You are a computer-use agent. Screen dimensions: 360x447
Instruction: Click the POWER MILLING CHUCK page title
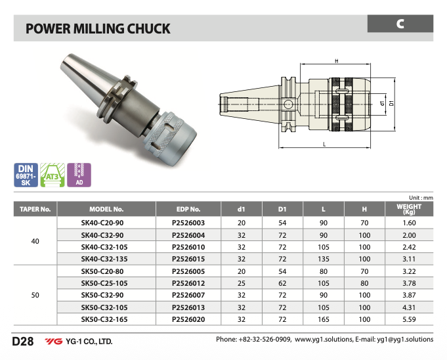97,29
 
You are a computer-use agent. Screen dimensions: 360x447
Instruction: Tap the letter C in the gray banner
400,24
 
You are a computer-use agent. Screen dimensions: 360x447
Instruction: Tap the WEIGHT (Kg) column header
409,210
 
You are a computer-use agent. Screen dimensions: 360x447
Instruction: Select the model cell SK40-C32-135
106,259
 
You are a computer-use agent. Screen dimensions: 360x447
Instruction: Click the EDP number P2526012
188,283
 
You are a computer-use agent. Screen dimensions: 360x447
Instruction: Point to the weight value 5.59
409,319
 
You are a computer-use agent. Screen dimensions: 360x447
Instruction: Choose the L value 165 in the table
324,319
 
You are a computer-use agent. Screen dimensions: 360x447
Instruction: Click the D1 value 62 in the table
282,283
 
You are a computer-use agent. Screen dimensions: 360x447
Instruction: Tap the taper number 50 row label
35,295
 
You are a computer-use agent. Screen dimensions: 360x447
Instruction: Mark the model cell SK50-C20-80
106,271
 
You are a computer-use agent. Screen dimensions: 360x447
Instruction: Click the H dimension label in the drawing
336,61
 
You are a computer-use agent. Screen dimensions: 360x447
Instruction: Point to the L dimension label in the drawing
325,144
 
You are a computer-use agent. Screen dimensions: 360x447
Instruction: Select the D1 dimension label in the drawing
392,104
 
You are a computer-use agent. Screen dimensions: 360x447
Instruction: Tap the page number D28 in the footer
24,342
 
